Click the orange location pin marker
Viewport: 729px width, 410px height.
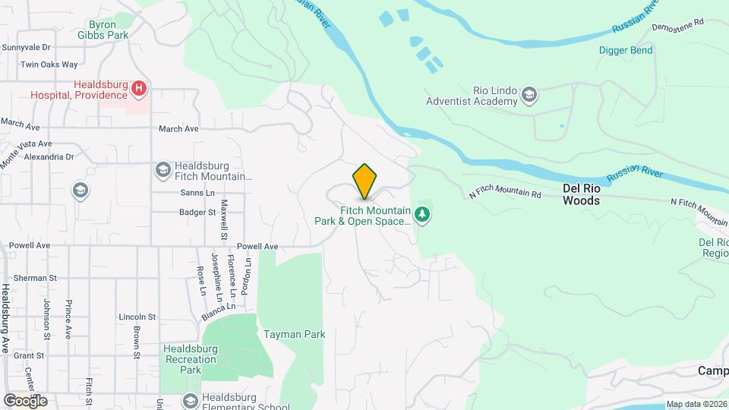click(x=365, y=181)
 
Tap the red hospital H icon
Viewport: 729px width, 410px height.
click(x=139, y=90)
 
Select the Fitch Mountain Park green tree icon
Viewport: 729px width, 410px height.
click(x=423, y=216)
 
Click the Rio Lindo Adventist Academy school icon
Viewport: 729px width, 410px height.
click(x=529, y=96)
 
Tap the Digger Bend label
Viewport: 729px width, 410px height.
click(x=626, y=51)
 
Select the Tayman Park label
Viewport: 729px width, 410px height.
click(x=294, y=334)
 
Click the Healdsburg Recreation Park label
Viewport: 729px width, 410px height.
click(x=191, y=359)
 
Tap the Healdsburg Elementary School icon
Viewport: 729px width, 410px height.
click(x=190, y=400)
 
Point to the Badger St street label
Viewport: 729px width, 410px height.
click(x=197, y=213)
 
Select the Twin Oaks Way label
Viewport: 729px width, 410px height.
click(x=49, y=65)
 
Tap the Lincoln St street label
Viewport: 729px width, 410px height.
click(x=137, y=317)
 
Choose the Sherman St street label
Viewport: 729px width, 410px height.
click(x=30, y=279)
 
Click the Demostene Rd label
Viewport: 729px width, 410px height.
click(x=678, y=25)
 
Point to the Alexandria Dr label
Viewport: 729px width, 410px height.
click(x=49, y=157)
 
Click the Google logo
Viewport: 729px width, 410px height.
click(x=25, y=400)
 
